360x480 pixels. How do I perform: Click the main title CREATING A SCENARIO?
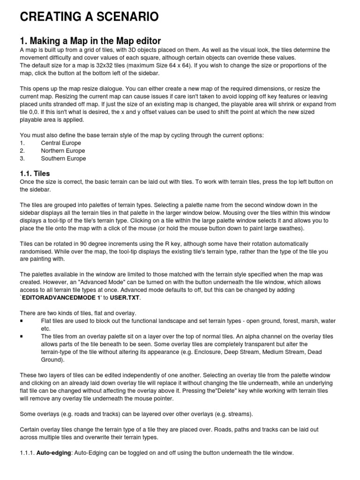pyautogui.click(x=89, y=17)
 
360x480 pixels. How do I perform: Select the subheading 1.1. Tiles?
pyautogui.click(x=35, y=173)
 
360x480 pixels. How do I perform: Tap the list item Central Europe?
pyautogui.click(x=61, y=143)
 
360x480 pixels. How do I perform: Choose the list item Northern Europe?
pyautogui.click(x=63, y=151)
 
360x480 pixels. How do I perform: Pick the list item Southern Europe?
pyautogui.click(x=63, y=158)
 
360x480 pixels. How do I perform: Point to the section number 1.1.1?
pyautogui.click(x=28, y=453)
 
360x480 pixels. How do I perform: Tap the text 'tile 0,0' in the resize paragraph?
pyautogui.click(x=29, y=112)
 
